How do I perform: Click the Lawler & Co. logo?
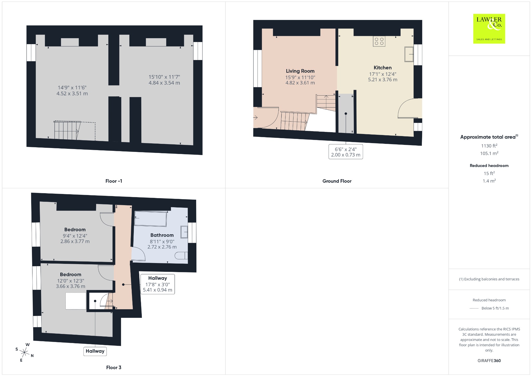click(489, 29)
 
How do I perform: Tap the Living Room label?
click(300, 71)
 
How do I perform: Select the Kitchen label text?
click(383, 68)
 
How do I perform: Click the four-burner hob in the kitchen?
click(379, 41)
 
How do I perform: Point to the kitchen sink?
click(409, 54)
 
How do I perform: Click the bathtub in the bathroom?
click(150, 219)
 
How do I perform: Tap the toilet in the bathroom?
click(181, 256)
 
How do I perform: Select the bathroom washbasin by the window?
click(184, 232)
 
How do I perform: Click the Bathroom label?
click(162, 235)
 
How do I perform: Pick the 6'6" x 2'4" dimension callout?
click(346, 152)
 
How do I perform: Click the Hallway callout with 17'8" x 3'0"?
click(157, 284)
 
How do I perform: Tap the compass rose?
click(24, 352)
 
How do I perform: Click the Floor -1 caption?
click(114, 181)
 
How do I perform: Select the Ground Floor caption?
click(337, 181)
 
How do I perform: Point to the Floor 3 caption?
click(114, 367)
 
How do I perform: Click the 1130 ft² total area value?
click(489, 146)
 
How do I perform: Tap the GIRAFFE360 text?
click(489, 360)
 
